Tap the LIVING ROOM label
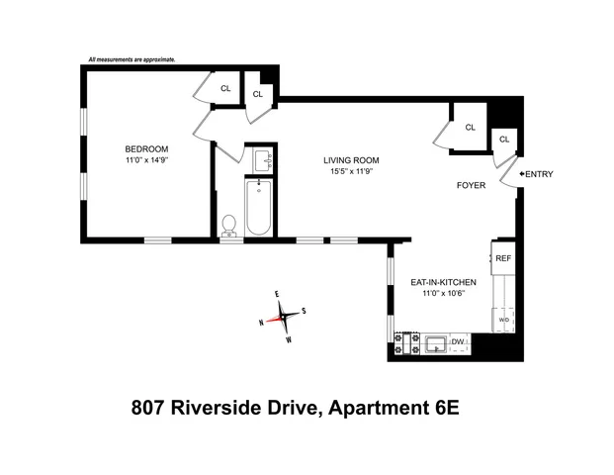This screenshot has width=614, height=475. [351, 160]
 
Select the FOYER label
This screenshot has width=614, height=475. [471, 185]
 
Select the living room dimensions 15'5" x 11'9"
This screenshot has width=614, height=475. [351, 171]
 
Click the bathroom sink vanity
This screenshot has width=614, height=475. [262, 159]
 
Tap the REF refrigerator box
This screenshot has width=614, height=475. [502, 258]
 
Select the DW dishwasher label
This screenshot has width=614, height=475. [457, 342]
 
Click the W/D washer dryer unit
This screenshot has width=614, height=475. [502, 321]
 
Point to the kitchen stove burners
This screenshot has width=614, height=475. [402, 343]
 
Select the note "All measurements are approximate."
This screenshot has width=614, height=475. [132, 60]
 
